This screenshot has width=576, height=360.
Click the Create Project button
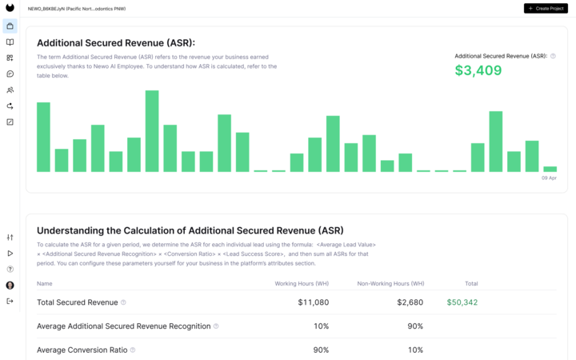546,8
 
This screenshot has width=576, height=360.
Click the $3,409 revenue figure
478,70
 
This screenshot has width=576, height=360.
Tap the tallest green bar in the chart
151,131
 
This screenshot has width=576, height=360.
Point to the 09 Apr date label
549,178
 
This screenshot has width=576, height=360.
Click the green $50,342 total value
462,302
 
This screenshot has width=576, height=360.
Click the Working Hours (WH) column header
302,283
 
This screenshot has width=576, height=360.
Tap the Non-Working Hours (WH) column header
390,283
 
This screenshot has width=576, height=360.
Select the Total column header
470,283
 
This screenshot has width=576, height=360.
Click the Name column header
45,283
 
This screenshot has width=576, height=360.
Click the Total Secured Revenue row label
77,302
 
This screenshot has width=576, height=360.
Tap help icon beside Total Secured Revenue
123,302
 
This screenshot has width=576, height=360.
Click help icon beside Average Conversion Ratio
133,350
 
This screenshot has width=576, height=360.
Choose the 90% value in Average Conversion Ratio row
321,350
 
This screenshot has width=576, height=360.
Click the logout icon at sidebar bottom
10,301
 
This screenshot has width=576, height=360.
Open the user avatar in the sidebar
10,285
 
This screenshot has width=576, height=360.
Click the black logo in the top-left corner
10,8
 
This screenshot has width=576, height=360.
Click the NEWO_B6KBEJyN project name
77,8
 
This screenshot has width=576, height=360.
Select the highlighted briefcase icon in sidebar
10,26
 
